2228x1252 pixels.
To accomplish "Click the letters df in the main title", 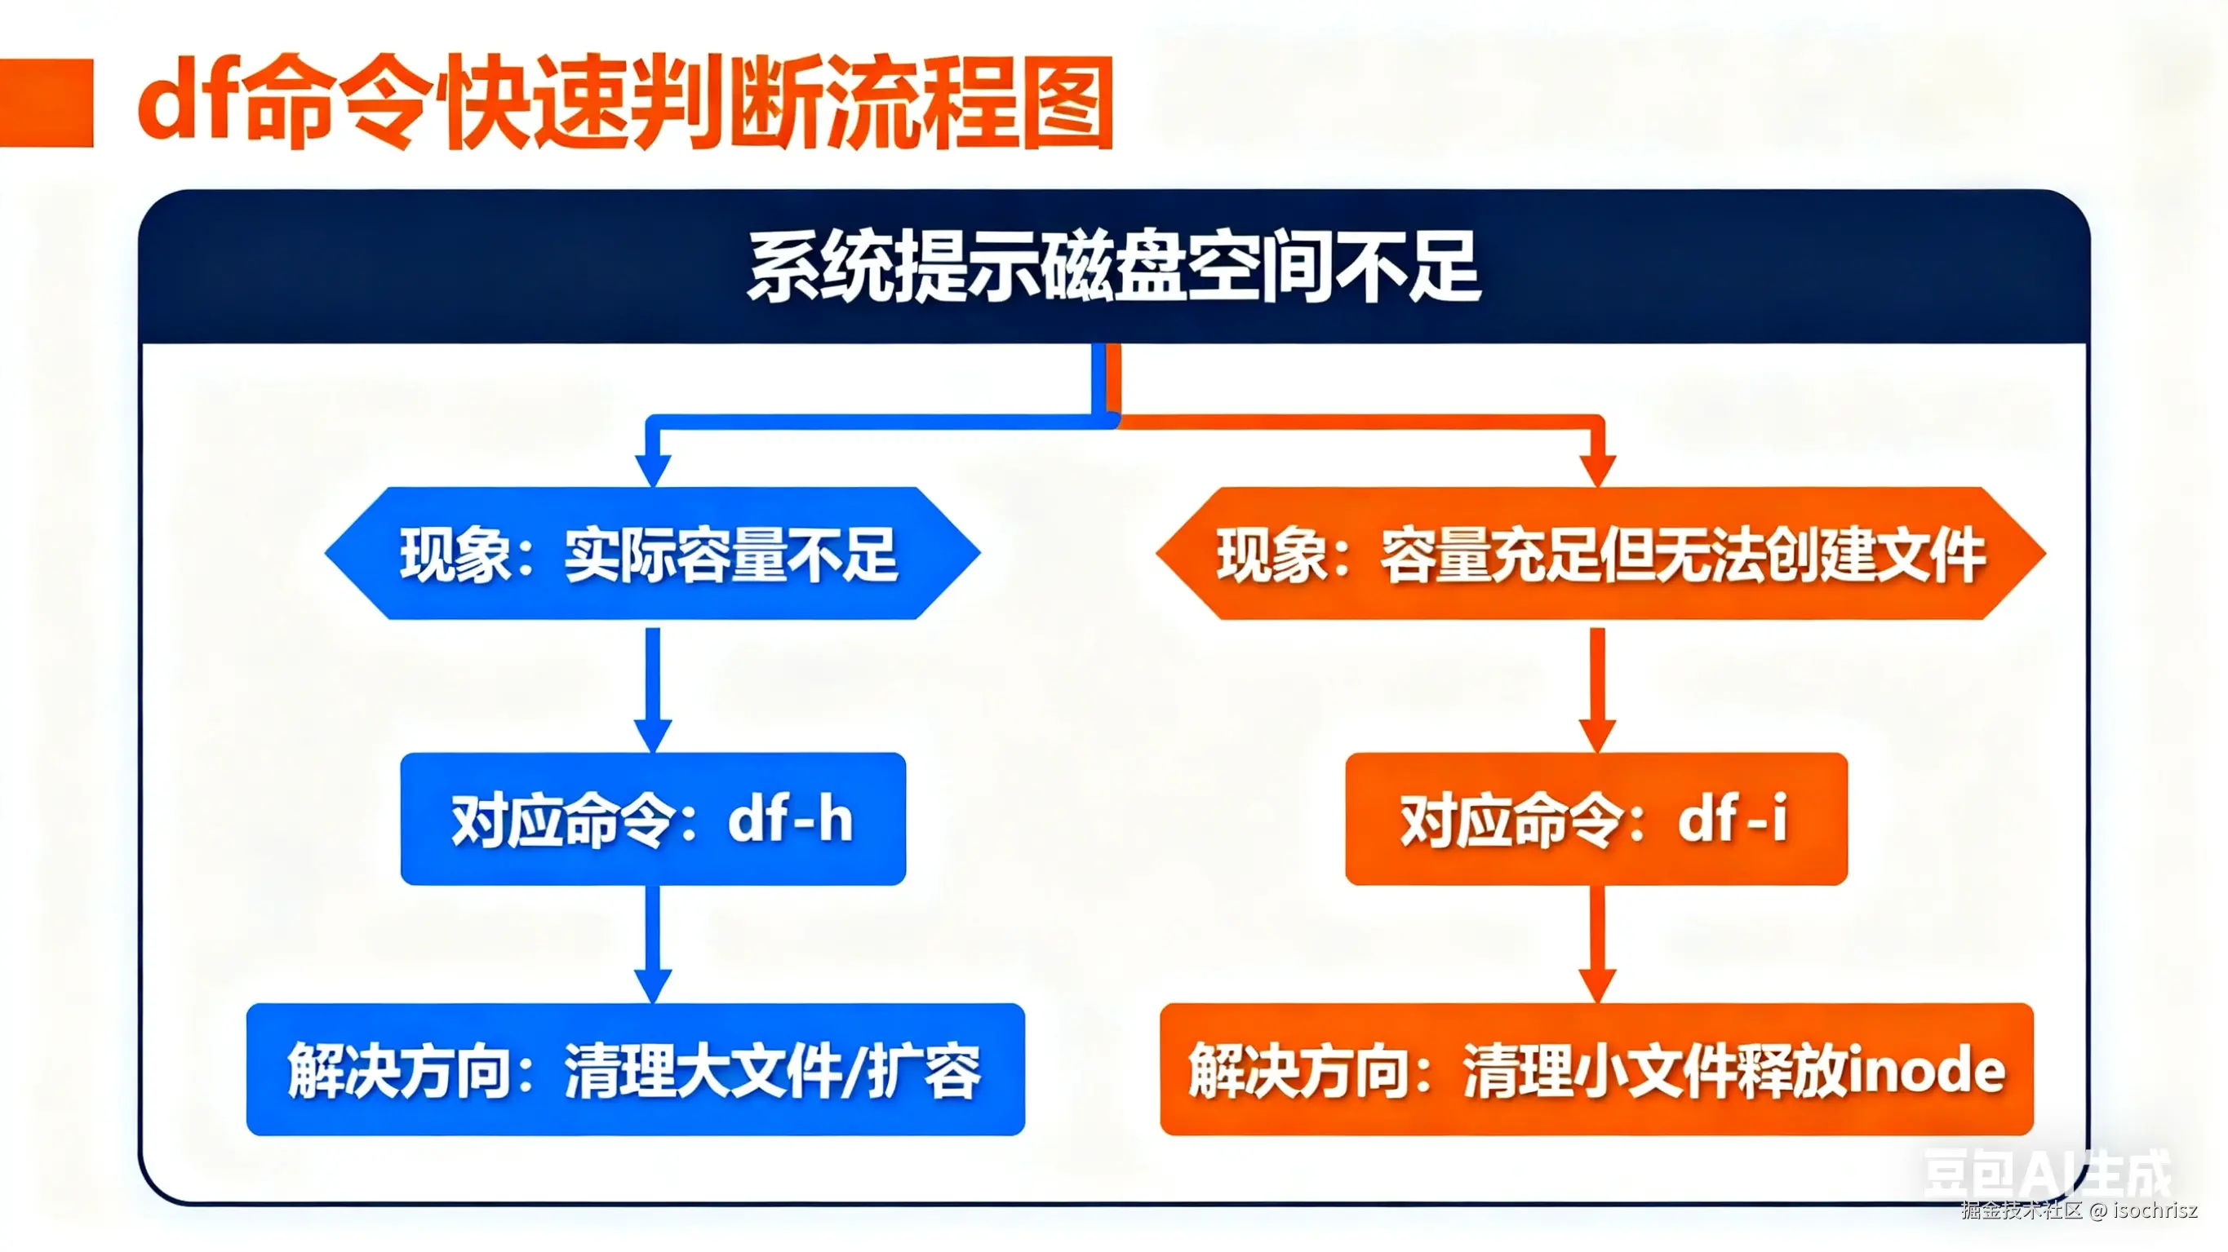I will (x=186, y=102).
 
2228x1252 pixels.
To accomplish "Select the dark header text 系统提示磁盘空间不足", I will (x=1114, y=268).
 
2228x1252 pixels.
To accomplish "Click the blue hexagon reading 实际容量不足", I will (x=652, y=553).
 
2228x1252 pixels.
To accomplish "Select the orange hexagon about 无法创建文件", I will (x=1600, y=553).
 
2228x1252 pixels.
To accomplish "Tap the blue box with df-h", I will (x=653, y=819).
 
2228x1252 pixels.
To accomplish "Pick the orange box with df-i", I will (x=1596, y=819).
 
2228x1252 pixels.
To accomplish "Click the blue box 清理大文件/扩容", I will (x=636, y=1069).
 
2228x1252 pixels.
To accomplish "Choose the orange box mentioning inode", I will (x=1596, y=1069).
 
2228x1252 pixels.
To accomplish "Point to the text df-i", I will (x=1733, y=819).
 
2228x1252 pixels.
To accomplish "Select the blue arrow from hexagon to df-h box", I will (x=653, y=688).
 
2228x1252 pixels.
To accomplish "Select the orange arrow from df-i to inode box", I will (x=1597, y=942).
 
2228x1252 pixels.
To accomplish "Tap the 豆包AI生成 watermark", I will (x=2046, y=1175).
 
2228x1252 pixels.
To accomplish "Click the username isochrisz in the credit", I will (x=2155, y=1210).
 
